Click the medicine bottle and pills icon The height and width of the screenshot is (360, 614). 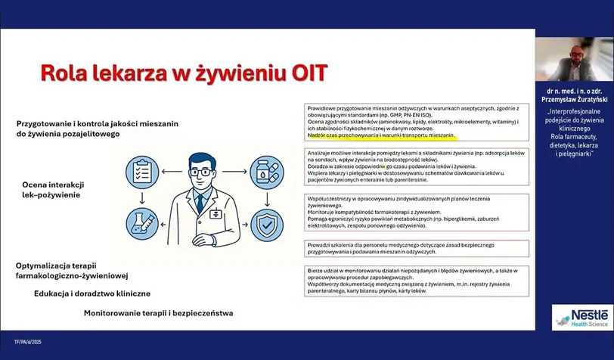pyautogui.click(x=270, y=171)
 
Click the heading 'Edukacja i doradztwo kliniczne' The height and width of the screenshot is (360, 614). pyautogui.click(x=92, y=293)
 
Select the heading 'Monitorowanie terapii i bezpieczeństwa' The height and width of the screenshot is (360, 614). pyautogui.click(x=158, y=312)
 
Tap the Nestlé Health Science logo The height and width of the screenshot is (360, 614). pyautogui.click(x=581, y=317)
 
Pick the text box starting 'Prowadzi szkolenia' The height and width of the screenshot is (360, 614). pyautogui.click(x=414, y=250)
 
